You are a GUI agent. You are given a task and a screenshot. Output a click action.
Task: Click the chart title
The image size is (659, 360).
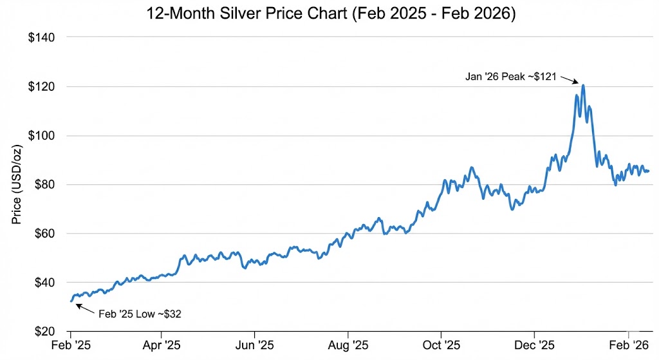point(329,14)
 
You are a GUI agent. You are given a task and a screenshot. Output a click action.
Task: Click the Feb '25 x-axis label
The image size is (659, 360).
point(71,345)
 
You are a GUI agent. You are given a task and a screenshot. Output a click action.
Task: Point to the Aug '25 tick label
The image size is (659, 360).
point(348,345)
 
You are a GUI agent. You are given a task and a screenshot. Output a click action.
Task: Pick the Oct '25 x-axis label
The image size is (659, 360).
point(441,345)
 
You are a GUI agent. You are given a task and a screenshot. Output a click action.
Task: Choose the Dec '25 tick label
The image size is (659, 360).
point(535,345)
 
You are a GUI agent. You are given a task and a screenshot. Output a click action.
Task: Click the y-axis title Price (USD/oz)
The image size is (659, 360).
point(17,184)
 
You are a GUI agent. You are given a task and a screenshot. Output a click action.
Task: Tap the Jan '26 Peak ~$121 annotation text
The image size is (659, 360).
point(512,76)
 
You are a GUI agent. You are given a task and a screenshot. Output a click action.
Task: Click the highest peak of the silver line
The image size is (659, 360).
point(582,85)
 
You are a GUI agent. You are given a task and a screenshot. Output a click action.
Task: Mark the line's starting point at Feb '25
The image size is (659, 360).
point(71,301)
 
